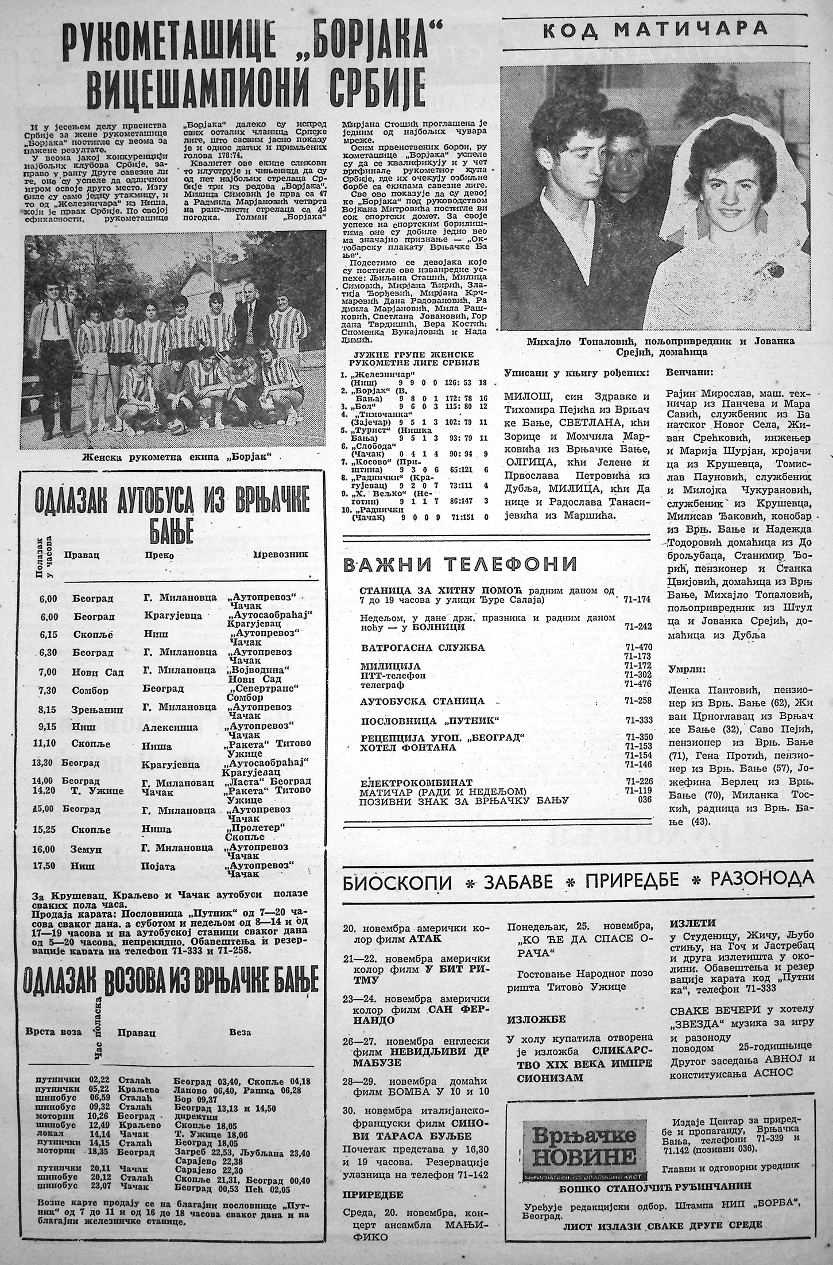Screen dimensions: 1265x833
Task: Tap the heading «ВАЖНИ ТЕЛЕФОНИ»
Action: click(459, 565)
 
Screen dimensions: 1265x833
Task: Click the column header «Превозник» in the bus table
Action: click(281, 555)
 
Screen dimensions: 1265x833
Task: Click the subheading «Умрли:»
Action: click(686, 669)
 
